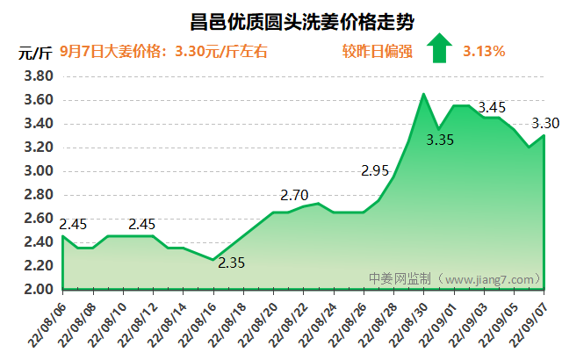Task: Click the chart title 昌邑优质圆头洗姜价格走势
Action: [291, 20]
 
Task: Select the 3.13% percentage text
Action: [484, 51]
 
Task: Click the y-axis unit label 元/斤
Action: [33, 52]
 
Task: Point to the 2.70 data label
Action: [294, 195]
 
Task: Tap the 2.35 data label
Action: [232, 263]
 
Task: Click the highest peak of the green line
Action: [424, 94]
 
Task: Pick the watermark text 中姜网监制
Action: [400, 278]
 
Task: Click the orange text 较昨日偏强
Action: [377, 51]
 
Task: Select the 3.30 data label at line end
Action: [545, 123]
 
